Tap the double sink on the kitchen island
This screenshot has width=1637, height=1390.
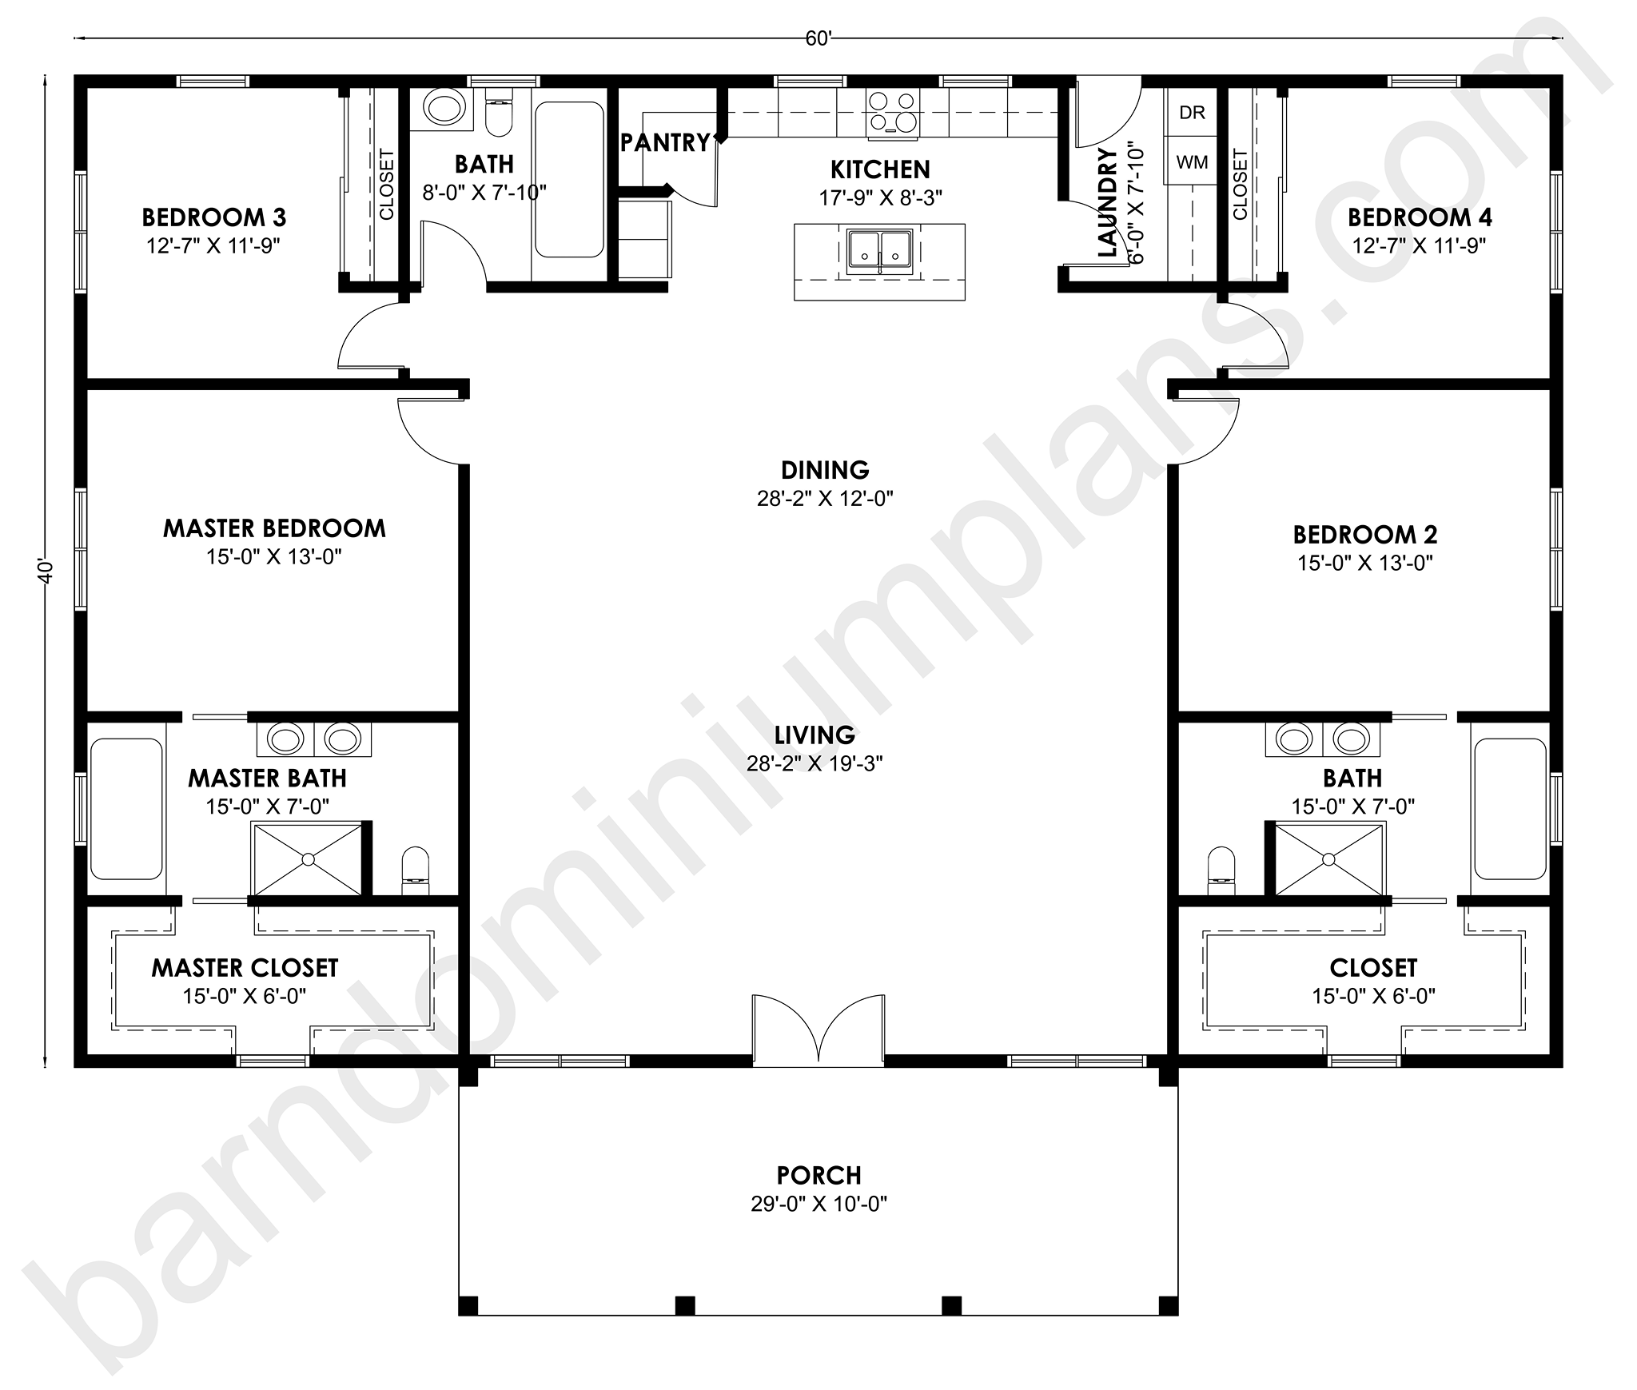[x=880, y=249]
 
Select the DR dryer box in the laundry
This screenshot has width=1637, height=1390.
[x=1192, y=112]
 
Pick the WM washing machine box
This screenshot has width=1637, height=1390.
[x=1192, y=161]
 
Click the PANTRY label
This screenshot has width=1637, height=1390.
[x=665, y=142]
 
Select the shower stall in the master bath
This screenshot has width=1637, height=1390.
[x=308, y=859]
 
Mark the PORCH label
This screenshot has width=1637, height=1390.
[x=819, y=1175]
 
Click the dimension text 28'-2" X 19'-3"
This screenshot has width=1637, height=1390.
[x=815, y=763]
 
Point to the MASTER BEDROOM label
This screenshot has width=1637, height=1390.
[x=274, y=528]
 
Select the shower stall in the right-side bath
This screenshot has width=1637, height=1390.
[x=1328, y=859]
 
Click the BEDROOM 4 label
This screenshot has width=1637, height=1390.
[x=1419, y=217]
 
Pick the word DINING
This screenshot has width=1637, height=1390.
[x=825, y=469]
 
